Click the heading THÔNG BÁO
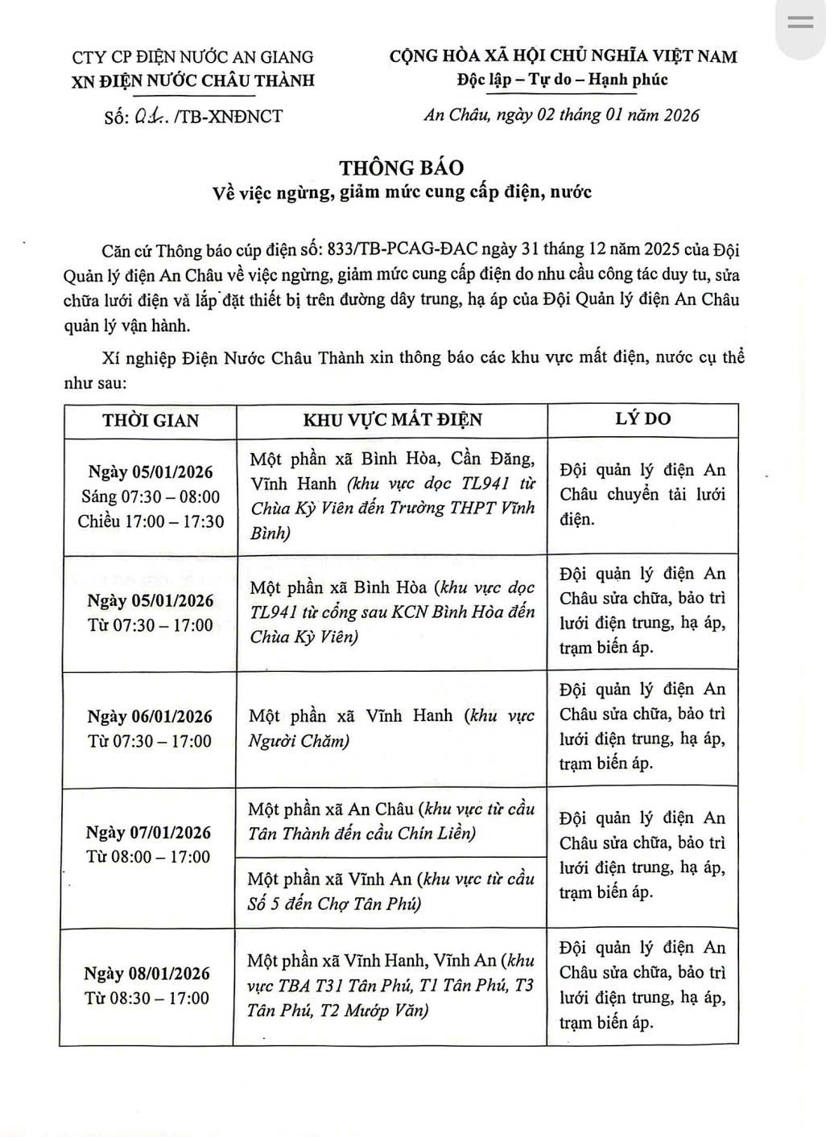(x=401, y=167)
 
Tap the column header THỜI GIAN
(x=151, y=420)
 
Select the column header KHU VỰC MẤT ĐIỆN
(x=392, y=420)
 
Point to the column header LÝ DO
(x=642, y=418)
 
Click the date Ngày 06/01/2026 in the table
(x=151, y=717)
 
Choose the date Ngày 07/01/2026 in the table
(x=149, y=833)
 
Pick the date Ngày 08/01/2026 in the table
(x=147, y=974)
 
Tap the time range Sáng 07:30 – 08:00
(x=151, y=496)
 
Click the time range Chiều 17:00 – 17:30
(x=151, y=521)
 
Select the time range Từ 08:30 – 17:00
(x=147, y=999)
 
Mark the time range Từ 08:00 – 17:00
(x=149, y=857)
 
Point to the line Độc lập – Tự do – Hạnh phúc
(x=562, y=80)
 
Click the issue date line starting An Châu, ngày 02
(x=562, y=114)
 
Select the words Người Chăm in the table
(x=299, y=741)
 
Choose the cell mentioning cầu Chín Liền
(x=390, y=822)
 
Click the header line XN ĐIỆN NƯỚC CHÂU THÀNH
(x=193, y=80)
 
